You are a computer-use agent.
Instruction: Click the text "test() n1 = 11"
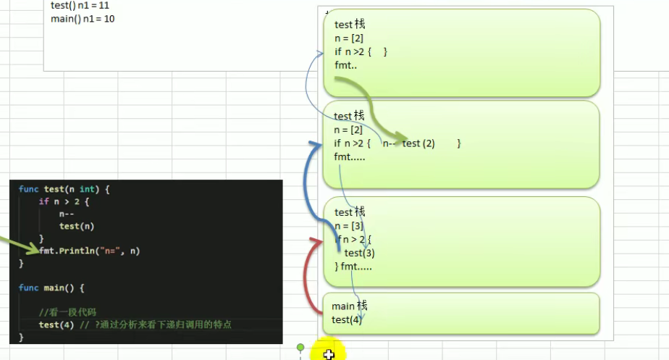[80, 6]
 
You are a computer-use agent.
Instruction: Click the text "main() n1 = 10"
[83, 19]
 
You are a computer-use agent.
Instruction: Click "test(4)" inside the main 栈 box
[347, 319]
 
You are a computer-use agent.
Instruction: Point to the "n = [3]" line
[349, 225]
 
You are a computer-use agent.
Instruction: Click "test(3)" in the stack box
[359, 253]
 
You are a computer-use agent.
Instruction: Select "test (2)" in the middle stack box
[418, 143]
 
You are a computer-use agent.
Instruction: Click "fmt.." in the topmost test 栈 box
[346, 65]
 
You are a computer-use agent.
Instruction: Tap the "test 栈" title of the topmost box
[350, 25]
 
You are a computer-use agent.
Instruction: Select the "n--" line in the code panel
[67, 214]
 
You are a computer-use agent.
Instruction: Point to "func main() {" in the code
[52, 288]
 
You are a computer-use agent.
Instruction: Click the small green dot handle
[300, 348]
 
